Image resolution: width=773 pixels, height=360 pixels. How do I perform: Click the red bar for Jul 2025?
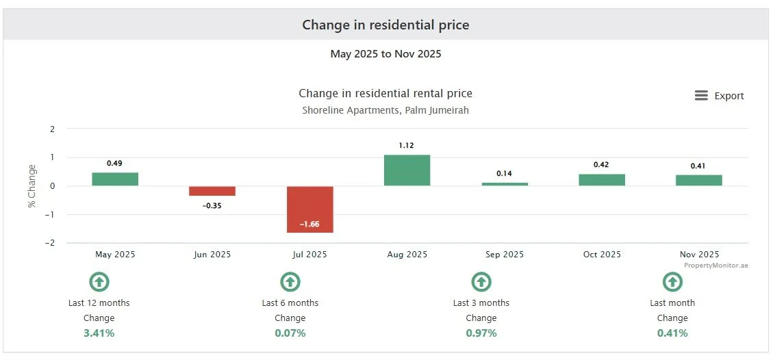(x=310, y=209)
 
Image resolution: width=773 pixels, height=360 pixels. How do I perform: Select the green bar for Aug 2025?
(x=407, y=170)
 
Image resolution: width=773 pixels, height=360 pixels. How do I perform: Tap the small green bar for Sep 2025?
(x=505, y=184)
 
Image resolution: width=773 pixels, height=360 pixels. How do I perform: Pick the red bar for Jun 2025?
(x=213, y=191)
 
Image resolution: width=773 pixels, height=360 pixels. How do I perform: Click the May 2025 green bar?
(x=115, y=179)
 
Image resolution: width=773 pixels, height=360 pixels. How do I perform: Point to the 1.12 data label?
(x=407, y=145)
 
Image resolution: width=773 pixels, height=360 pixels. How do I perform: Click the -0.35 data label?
(x=212, y=206)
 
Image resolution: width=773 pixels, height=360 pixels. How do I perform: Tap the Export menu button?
(x=719, y=96)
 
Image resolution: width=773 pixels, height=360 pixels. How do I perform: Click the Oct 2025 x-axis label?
(x=602, y=255)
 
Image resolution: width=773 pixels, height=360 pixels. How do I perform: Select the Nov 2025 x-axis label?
(x=700, y=255)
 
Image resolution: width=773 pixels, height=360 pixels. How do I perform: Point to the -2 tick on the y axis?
(x=52, y=243)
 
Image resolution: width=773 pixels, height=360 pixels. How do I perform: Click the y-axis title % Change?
(x=32, y=186)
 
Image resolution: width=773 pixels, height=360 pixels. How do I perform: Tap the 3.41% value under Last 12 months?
(x=99, y=333)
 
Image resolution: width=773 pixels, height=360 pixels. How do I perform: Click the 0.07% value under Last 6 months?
(x=290, y=333)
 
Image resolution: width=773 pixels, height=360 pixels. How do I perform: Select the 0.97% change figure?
(x=481, y=333)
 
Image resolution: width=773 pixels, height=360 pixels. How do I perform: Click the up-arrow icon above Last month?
(x=672, y=282)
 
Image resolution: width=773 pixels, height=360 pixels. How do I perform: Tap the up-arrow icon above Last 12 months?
(x=99, y=282)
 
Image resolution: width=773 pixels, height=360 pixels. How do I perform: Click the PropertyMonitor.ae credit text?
(x=715, y=266)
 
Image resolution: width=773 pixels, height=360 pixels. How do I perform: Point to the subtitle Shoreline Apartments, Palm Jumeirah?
(x=385, y=110)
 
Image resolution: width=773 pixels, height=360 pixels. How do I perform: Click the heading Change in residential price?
(x=385, y=25)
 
